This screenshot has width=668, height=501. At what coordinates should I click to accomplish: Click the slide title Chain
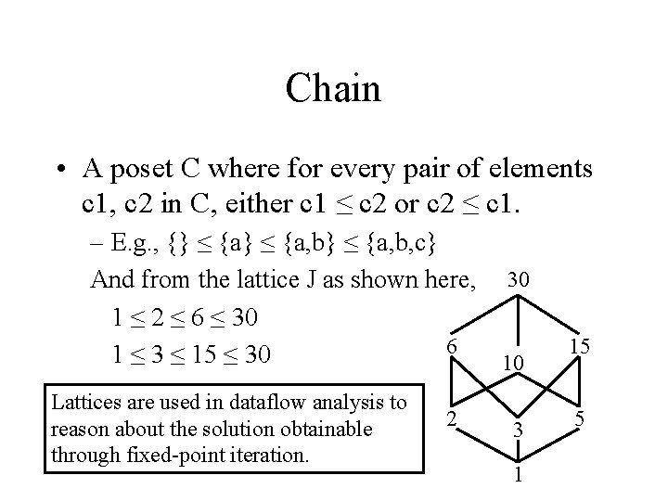333,90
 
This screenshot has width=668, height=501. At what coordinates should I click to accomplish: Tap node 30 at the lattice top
520,279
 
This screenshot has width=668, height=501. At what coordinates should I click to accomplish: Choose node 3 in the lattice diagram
519,432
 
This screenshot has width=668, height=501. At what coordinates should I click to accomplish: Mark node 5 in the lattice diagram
578,418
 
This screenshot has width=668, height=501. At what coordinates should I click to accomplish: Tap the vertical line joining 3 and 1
519,456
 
